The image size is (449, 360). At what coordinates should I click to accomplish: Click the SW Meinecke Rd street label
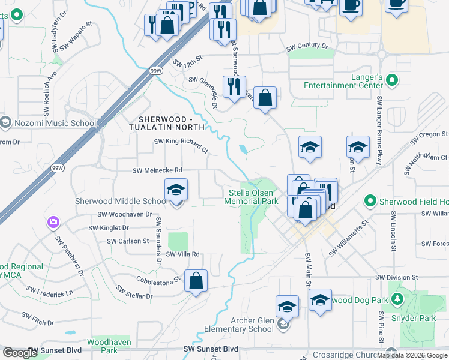[x=157, y=171]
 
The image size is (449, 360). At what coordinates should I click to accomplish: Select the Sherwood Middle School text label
[x=122, y=201]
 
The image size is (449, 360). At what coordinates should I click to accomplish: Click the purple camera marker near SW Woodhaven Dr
[x=53, y=223]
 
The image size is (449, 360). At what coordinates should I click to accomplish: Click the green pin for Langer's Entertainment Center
[x=392, y=79]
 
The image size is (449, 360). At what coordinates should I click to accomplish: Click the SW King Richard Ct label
[x=181, y=145]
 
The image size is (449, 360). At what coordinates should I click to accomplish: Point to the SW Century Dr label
[x=307, y=46]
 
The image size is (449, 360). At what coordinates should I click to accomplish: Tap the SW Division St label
[x=396, y=277]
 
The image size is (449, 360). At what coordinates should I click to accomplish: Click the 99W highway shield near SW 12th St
[x=157, y=71]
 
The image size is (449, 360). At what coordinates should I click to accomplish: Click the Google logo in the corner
[x=20, y=353]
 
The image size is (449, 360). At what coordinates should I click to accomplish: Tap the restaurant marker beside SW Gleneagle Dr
[x=234, y=87]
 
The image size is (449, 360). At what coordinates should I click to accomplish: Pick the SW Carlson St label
[x=128, y=241]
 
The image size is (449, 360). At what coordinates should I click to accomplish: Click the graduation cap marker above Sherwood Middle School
[x=176, y=190]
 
